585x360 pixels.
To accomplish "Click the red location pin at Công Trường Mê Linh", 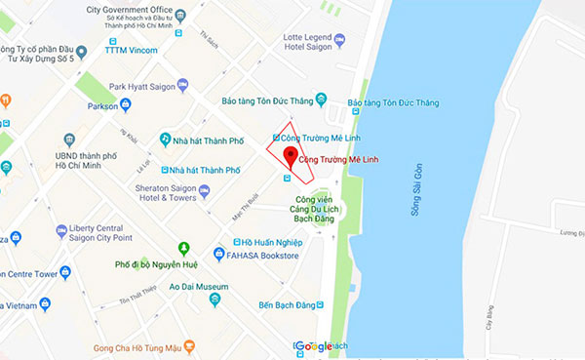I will [290, 158].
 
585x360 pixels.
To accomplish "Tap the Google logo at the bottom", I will [313, 347].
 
